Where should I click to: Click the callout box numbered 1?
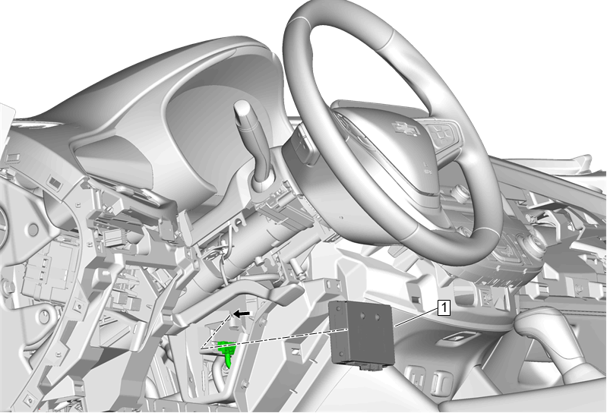point(444,307)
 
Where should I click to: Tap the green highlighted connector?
point(227,352)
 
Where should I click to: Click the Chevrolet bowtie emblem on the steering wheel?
point(406,128)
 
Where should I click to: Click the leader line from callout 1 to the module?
point(416,317)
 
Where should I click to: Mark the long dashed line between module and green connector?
point(273,339)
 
